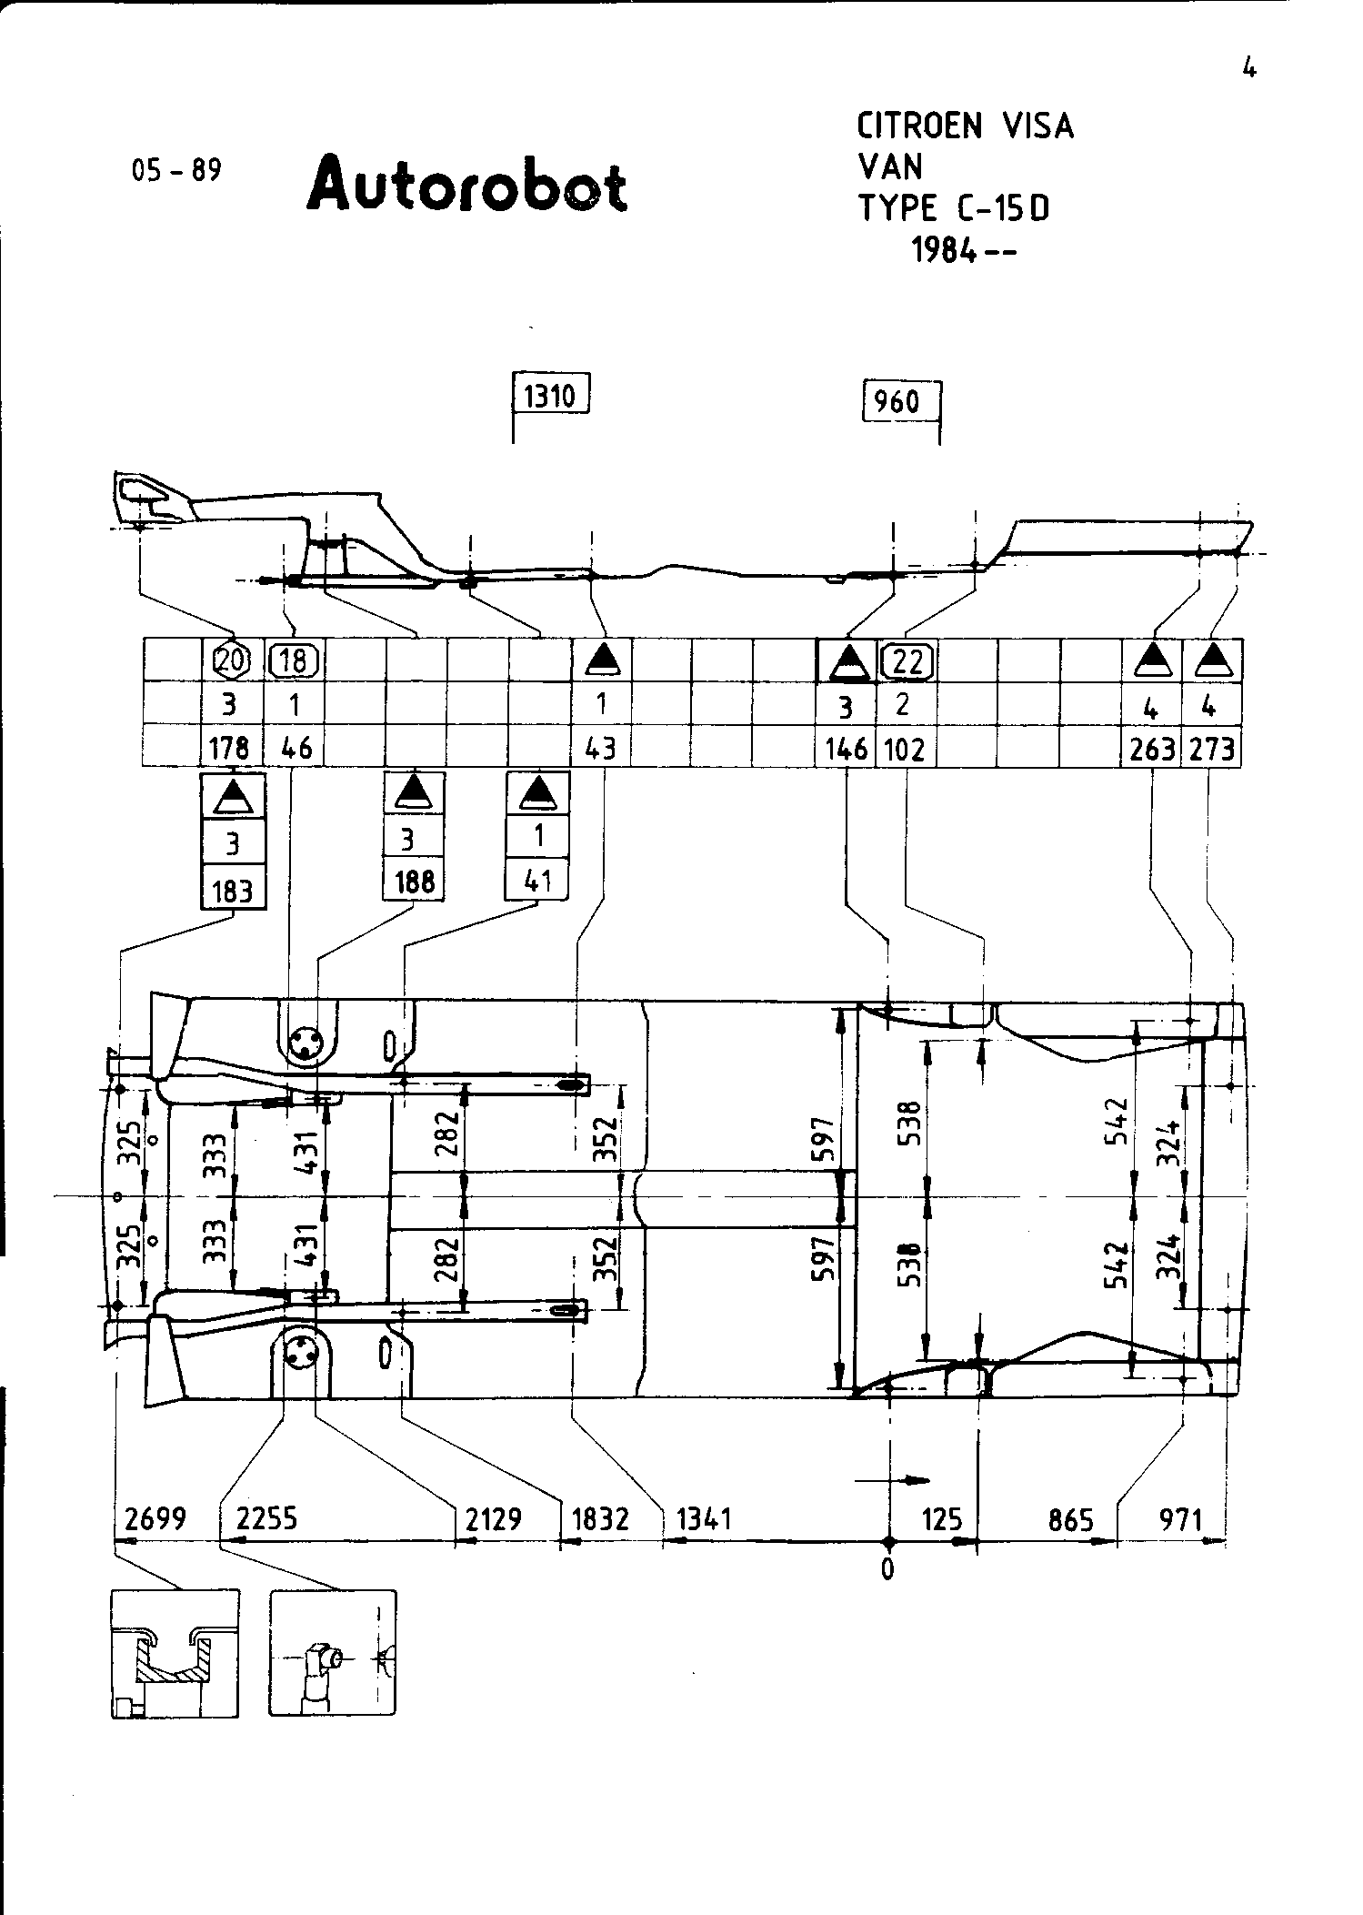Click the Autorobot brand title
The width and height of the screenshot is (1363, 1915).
click(467, 186)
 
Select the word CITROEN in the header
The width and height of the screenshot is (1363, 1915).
click(922, 126)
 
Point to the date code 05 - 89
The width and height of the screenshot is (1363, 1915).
click(176, 171)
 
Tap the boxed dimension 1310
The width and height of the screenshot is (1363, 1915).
click(551, 397)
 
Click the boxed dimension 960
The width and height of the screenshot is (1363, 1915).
click(897, 401)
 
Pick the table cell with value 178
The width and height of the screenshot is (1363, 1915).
click(231, 748)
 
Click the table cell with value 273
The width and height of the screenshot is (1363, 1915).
click(1212, 749)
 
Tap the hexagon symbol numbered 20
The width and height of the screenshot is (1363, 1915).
click(231, 660)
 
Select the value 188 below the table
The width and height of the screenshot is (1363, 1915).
click(415, 882)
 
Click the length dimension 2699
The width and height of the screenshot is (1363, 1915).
click(155, 1518)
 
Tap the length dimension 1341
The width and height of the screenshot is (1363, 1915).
click(705, 1518)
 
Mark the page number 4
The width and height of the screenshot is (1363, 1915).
click(1249, 68)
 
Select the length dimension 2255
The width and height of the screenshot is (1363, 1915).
click(266, 1518)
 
